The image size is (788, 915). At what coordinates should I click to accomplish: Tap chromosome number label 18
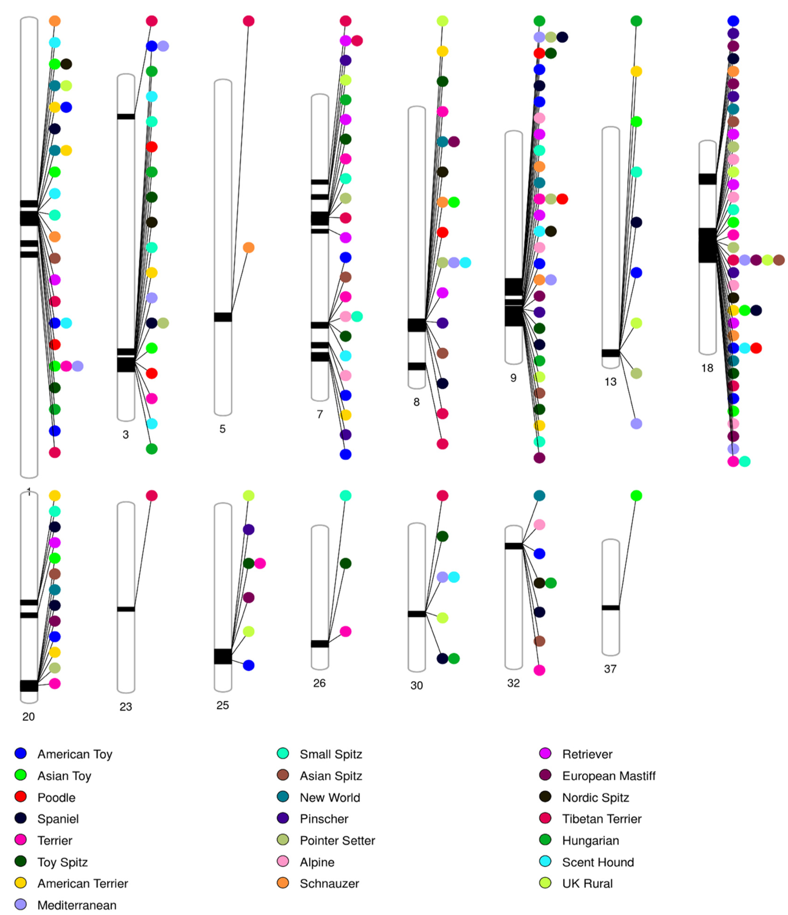pyautogui.click(x=707, y=368)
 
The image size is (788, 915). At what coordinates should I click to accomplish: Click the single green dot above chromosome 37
pyautogui.click(x=636, y=495)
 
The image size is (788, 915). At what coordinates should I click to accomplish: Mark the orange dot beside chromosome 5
pyautogui.click(x=249, y=247)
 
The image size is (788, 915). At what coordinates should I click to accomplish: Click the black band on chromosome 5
pyautogui.click(x=223, y=317)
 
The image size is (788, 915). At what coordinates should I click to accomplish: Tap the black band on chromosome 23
pyautogui.click(x=126, y=609)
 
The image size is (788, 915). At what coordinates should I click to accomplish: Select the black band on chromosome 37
pyautogui.click(x=610, y=608)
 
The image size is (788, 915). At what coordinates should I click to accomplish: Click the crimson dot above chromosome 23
pyautogui.click(x=152, y=495)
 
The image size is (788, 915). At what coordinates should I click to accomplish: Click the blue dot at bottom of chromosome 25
pyautogui.click(x=249, y=665)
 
